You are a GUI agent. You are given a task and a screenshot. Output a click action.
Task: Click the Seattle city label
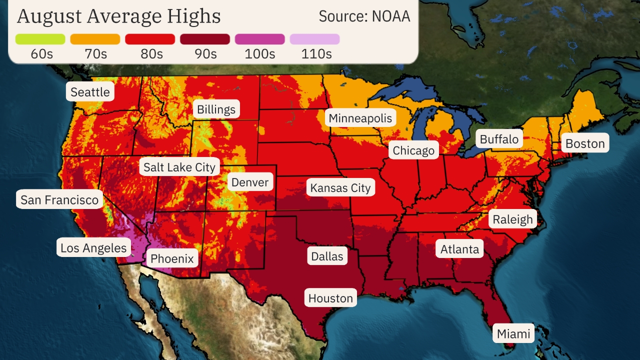(x=90, y=92)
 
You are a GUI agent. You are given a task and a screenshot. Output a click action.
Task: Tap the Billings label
(x=216, y=109)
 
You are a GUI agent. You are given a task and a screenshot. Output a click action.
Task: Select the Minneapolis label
(x=360, y=118)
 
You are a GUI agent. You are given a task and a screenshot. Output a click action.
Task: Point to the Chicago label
(x=413, y=150)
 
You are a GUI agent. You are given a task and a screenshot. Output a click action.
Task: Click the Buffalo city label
(x=499, y=139)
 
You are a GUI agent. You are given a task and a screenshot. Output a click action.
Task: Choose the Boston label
(x=585, y=143)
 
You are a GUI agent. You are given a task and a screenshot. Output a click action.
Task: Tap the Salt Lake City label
(x=179, y=167)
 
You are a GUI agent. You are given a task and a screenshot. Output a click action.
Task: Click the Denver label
(x=250, y=182)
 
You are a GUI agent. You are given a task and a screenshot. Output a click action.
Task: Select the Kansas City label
(x=340, y=188)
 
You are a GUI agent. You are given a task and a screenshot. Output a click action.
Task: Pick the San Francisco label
(x=59, y=200)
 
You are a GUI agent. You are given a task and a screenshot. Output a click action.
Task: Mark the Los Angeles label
(x=93, y=247)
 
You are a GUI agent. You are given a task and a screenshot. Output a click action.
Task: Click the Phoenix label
(x=172, y=258)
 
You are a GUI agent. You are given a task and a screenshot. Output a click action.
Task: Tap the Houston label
(x=330, y=298)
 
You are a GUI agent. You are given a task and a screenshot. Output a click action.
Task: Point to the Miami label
(x=513, y=333)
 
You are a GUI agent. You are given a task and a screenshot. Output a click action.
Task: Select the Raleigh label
(x=512, y=219)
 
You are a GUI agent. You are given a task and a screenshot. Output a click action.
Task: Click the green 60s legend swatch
(x=40, y=39)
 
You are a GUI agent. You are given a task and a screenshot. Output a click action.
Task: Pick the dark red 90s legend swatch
(x=205, y=39)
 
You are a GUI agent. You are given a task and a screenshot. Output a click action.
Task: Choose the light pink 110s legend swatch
(x=314, y=39)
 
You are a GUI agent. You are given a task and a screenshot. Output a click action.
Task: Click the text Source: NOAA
(x=364, y=16)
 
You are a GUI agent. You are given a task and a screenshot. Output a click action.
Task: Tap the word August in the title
(x=48, y=16)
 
